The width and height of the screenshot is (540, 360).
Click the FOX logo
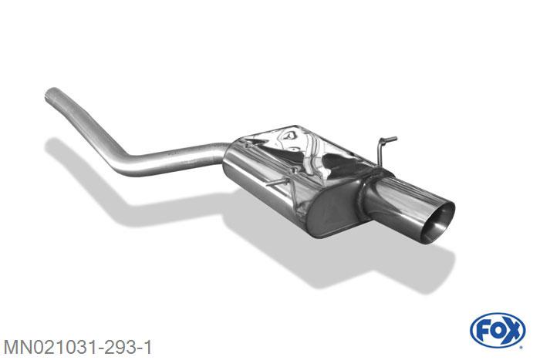498,331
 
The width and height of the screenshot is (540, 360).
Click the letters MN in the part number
17,347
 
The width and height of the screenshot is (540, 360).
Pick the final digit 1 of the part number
147,347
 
